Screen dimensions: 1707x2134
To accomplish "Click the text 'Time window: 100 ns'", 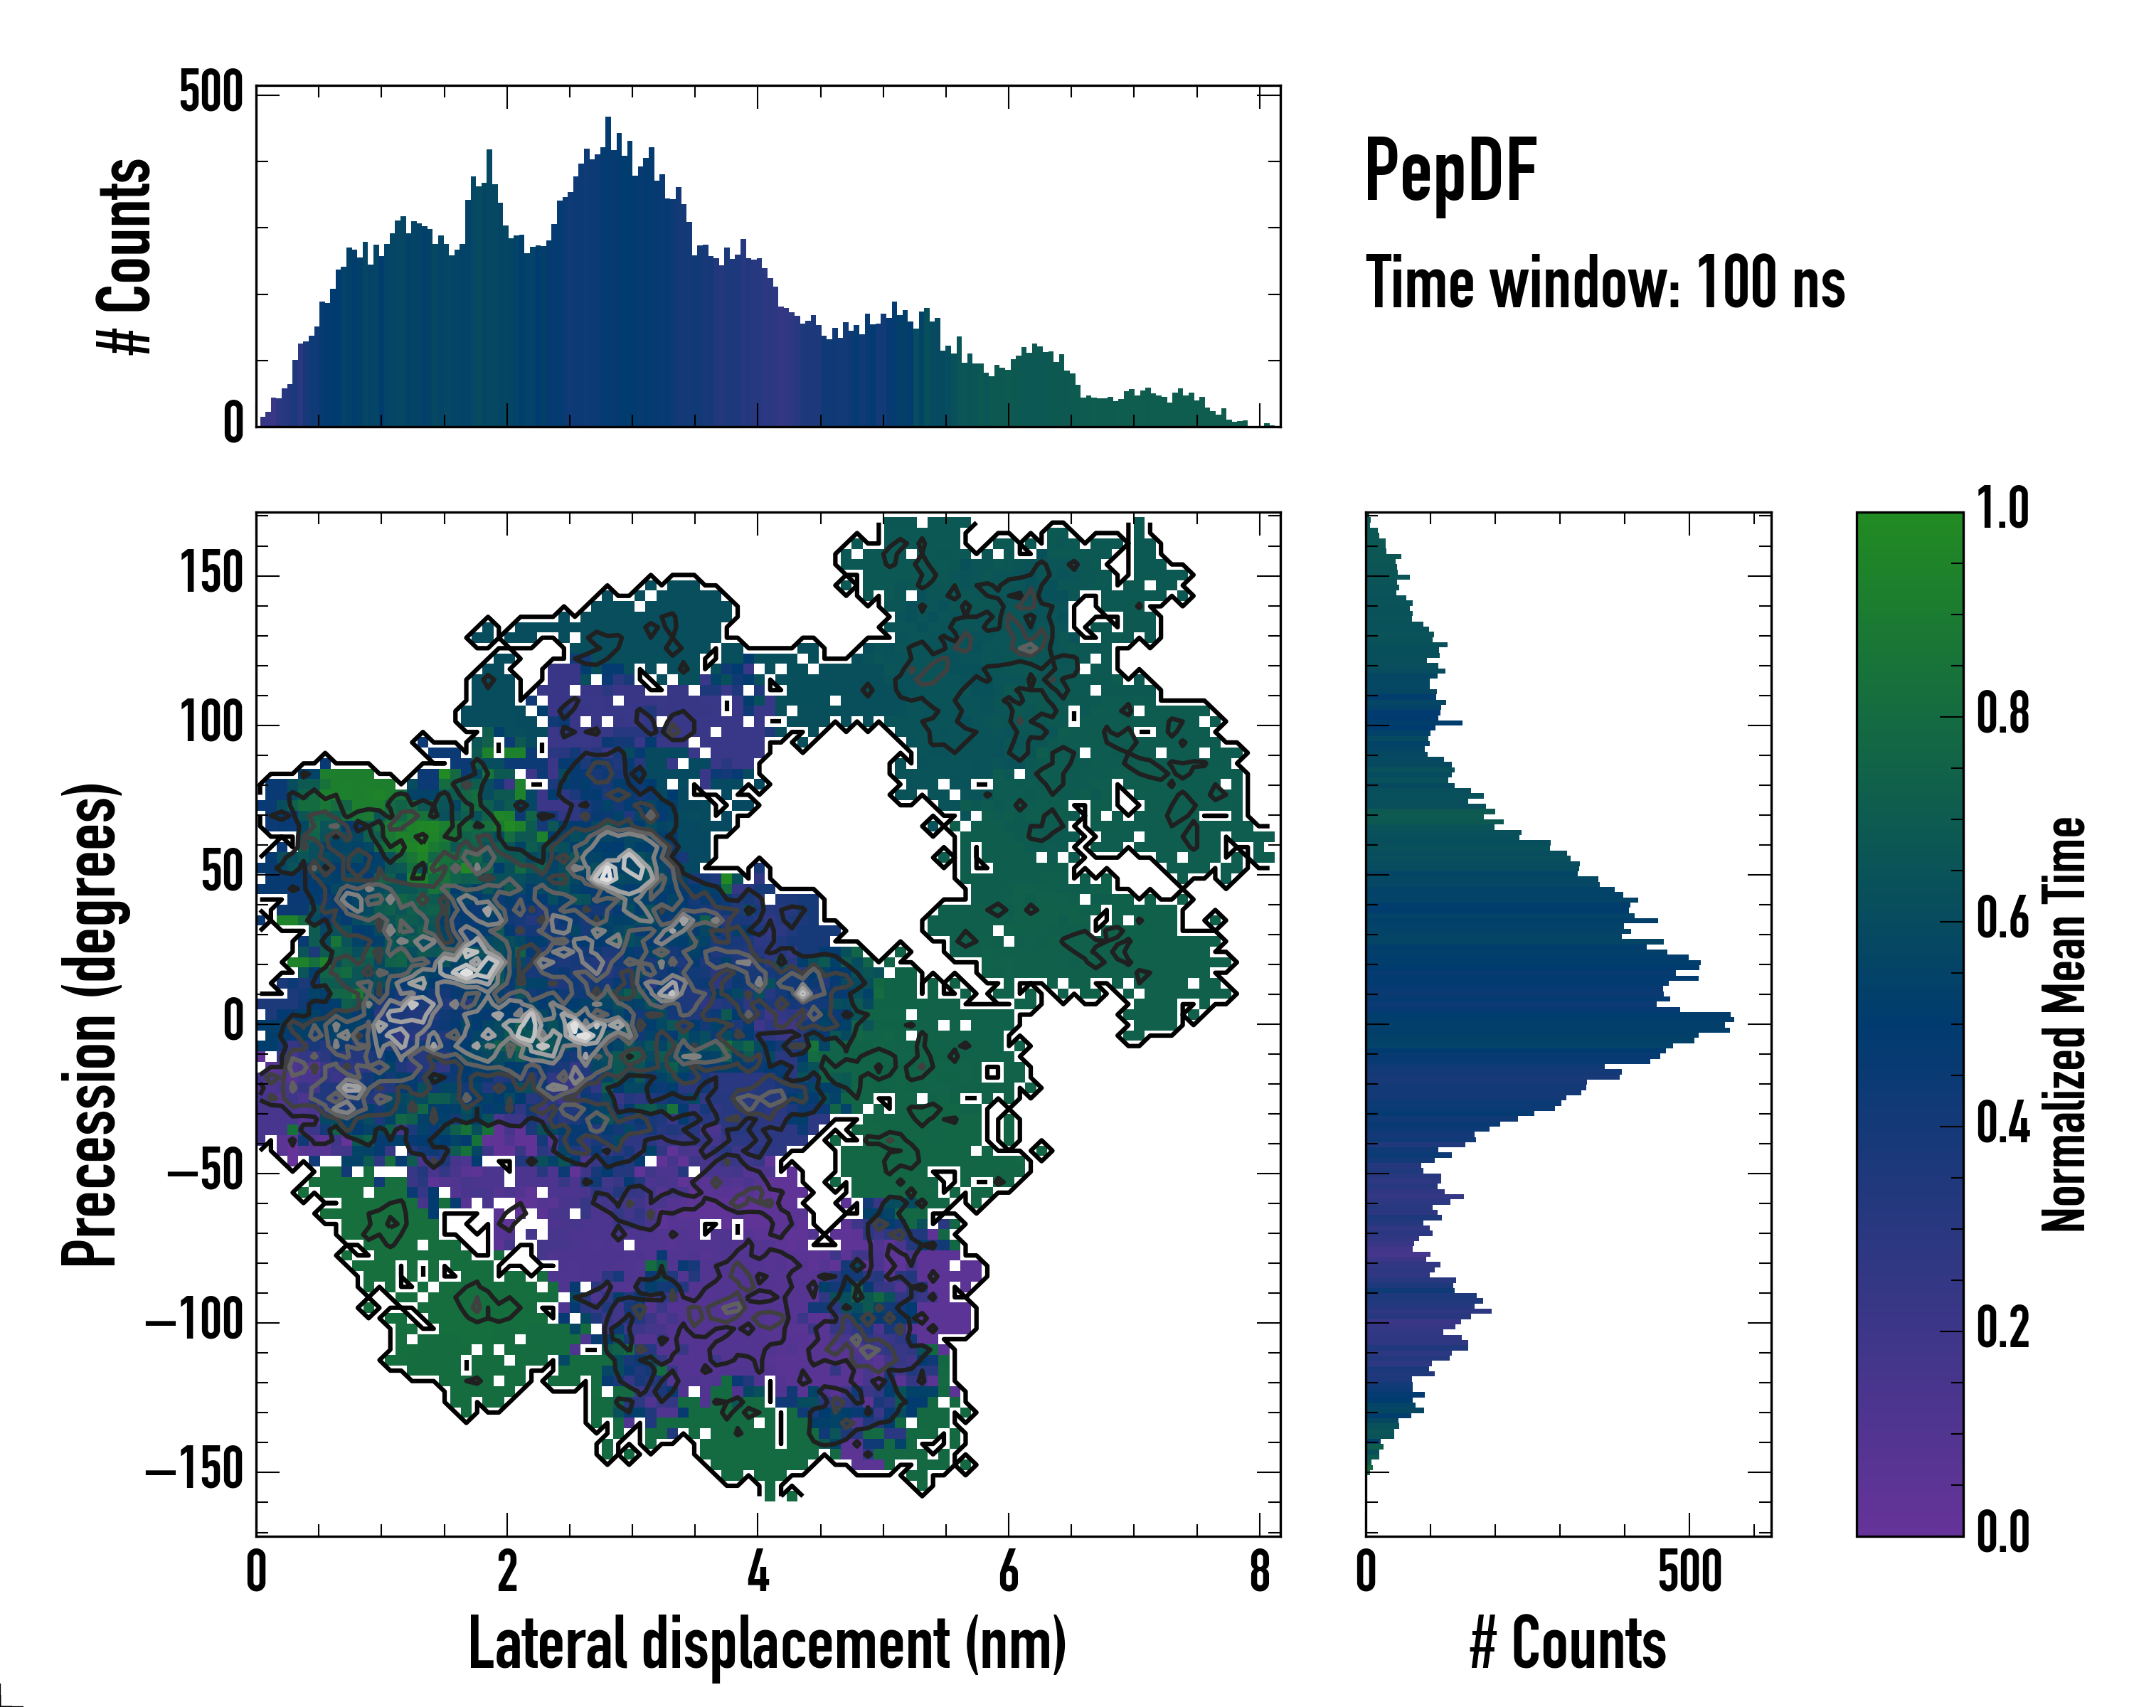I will (1605, 283).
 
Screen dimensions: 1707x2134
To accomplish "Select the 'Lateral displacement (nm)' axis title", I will (767, 1644).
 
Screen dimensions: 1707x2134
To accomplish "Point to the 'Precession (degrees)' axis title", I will (90, 1024).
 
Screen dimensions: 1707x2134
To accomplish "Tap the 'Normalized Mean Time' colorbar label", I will (2064, 1024).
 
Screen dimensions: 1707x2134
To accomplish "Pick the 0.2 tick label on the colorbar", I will (2002, 1327).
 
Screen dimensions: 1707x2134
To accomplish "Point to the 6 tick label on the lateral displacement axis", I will (1009, 1571).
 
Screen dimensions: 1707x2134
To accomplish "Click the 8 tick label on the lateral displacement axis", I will (1259, 1571).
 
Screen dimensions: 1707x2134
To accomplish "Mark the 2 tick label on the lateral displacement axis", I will (506, 1571).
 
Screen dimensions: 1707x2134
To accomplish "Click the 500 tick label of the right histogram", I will (1689, 1571).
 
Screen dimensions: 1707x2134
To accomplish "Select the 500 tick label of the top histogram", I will (211, 93).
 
